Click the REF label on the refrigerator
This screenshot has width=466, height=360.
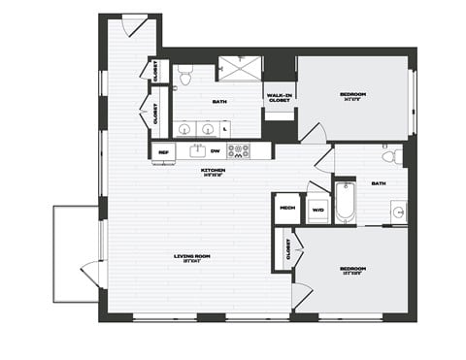click(x=163, y=151)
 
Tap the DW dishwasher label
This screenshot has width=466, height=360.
click(x=215, y=151)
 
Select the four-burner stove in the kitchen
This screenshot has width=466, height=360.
click(x=238, y=150)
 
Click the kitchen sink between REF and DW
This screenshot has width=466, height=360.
click(x=186, y=151)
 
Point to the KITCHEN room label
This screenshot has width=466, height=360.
click(x=214, y=171)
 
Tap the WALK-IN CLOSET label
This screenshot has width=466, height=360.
click(x=279, y=98)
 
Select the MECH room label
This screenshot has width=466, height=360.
click(x=287, y=208)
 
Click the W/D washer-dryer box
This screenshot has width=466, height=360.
click(x=317, y=208)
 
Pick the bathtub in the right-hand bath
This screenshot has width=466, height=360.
click(x=346, y=205)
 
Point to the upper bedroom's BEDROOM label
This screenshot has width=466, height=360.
click(x=352, y=95)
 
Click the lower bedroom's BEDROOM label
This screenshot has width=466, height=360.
click(x=352, y=268)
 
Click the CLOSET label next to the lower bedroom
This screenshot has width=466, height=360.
click(x=288, y=250)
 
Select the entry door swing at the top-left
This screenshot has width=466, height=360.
click(x=136, y=26)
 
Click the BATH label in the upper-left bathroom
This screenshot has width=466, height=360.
click(x=219, y=100)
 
